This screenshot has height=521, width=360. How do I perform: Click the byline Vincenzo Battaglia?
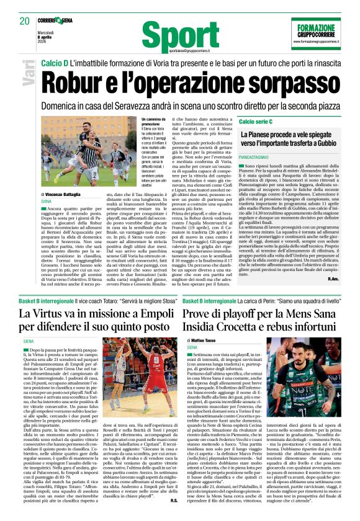[66, 194]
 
